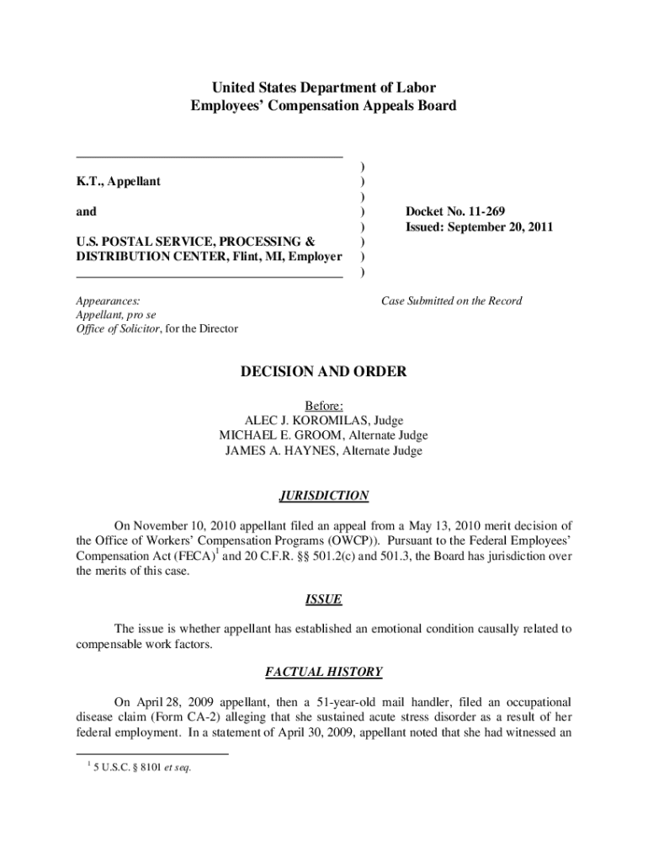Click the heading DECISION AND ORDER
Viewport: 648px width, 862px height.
click(324, 371)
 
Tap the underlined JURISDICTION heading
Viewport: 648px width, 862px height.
click(324, 496)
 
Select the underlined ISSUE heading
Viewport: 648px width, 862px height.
click(324, 599)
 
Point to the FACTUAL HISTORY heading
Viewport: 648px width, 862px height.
click(324, 672)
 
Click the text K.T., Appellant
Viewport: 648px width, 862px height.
click(119, 181)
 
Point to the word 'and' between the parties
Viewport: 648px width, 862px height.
click(86, 211)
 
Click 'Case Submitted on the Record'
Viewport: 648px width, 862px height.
click(452, 301)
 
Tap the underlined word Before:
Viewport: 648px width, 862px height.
click(324, 405)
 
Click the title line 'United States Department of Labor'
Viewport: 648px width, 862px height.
click(324, 88)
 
